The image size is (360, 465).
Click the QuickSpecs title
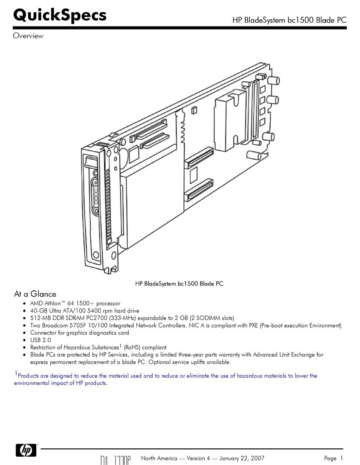pyautogui.click(x=60, y=16)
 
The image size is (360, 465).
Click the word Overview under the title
pyautogui.click(x=28, y=36)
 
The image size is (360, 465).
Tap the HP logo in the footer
pyautogui.click(x=26, y=450)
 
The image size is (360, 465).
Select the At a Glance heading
pyautogui.click(x=35, y=294)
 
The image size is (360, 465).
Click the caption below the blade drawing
pyautogui.click(x=179, y=284)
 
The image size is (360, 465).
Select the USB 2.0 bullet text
pyautogui.click(x=40, y=340)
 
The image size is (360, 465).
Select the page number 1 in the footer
pyautogui.click(x=341, y=458)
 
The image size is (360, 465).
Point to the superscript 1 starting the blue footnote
pyautogui.click(x=16, y=374)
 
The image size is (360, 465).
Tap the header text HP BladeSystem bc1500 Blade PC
pyautogui.click(x=289, y=20)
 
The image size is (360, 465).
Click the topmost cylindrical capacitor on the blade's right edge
pyautogui.click(x=274, y=80)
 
